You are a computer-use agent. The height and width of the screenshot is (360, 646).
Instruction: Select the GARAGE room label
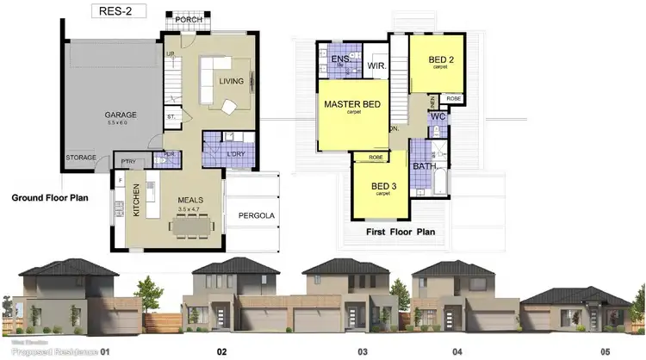(121, 115)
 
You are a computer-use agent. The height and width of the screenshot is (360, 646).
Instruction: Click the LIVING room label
(232, 82)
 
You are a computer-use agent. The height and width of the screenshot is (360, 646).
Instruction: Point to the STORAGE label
(82, 158)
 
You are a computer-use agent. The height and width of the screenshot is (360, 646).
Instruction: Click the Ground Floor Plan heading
(50, 197)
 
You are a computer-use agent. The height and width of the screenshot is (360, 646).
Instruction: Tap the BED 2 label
(444, 59)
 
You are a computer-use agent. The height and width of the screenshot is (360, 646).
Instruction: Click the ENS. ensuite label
(339, 59)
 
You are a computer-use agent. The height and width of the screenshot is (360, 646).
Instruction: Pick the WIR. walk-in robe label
(376, 65)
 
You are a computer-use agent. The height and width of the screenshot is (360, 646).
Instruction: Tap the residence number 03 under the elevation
(363, 351)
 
